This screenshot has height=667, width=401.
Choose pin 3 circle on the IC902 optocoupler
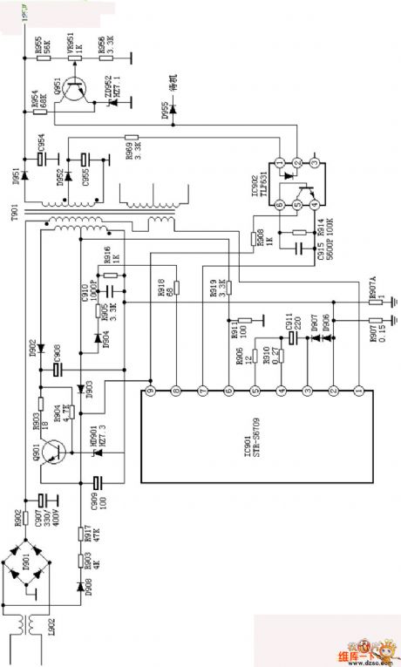click(316, 163)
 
